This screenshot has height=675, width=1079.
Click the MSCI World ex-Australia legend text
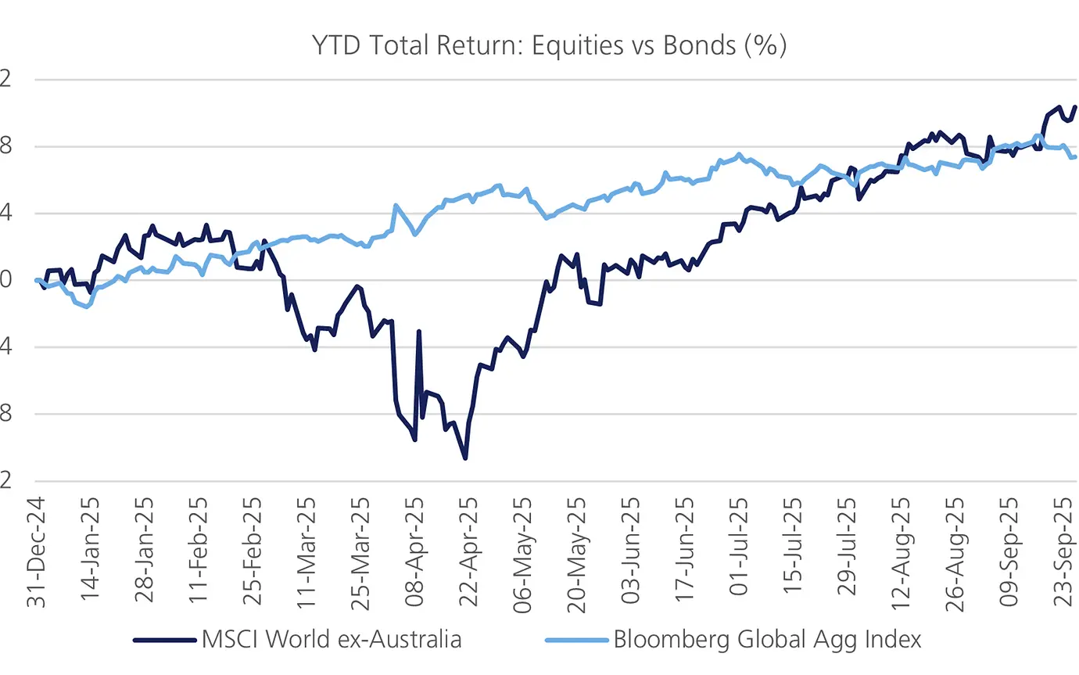[332, 640]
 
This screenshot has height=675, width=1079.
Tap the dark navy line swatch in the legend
[163, 640]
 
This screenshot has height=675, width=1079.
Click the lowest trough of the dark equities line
[465, 458]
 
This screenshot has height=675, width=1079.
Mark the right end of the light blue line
[1075, 156]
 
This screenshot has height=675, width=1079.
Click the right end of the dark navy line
[1076, 107]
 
